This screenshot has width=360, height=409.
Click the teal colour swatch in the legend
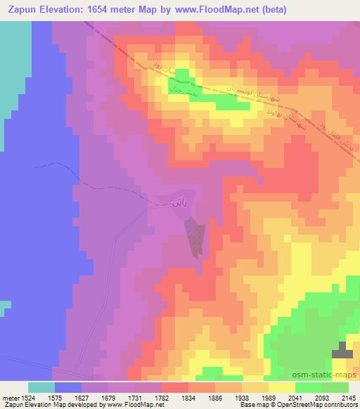[x=41, y=387]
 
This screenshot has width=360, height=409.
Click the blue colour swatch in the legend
[x=68, y=387]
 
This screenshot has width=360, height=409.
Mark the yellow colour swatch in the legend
[x=282, y=387]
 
